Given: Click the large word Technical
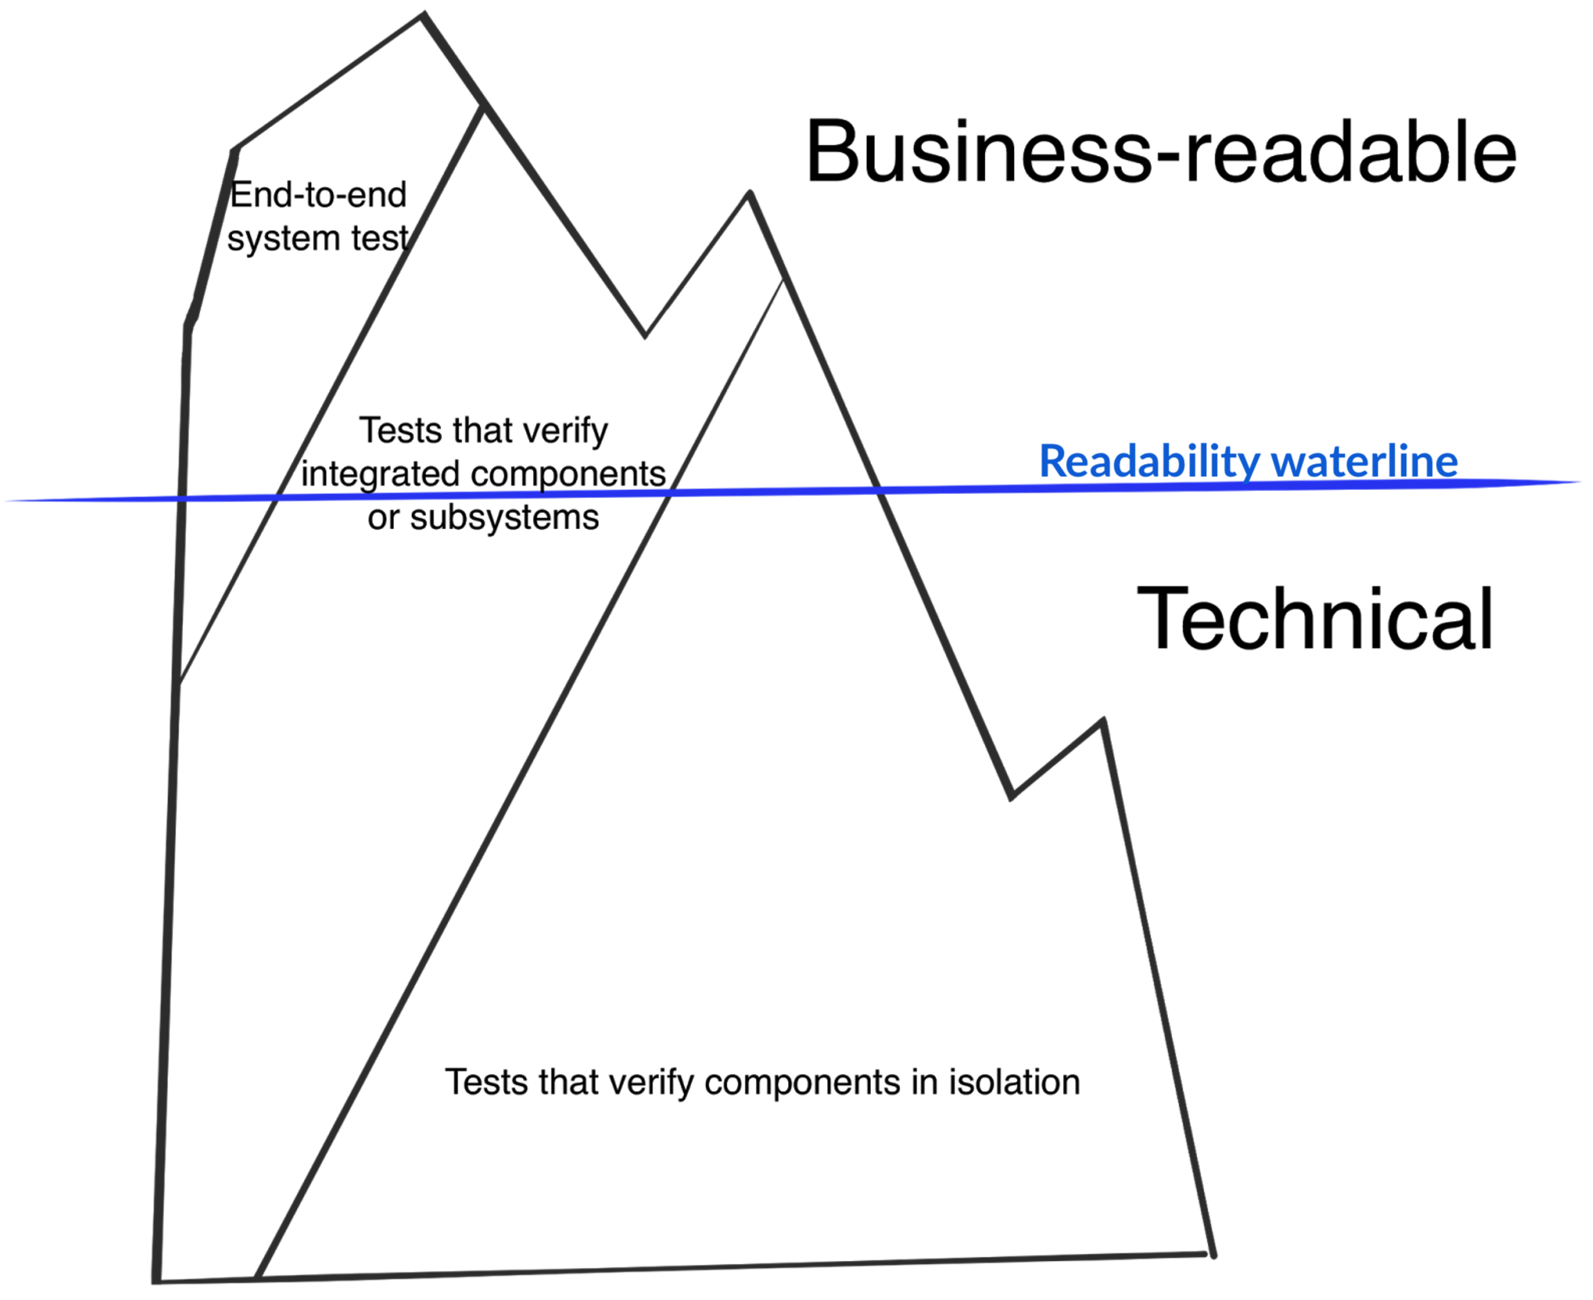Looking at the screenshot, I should click(x=1314, y=619).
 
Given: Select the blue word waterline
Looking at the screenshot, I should click(x=1365, y=461).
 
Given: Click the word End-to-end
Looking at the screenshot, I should click(x=319, y=194).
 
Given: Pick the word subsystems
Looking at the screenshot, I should click(x=504, y=518).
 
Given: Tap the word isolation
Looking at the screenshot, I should click(x=1014, y=1083).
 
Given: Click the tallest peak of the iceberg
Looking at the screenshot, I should click(x=424, y=15).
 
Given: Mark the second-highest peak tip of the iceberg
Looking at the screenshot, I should click(x=750, y=193).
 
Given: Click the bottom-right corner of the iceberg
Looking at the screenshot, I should click(x=1212, y=1254).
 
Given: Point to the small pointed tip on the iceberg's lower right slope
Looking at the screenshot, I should click(x=1102, y=720).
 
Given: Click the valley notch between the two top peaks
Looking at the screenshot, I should click(x=645, y=335).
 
